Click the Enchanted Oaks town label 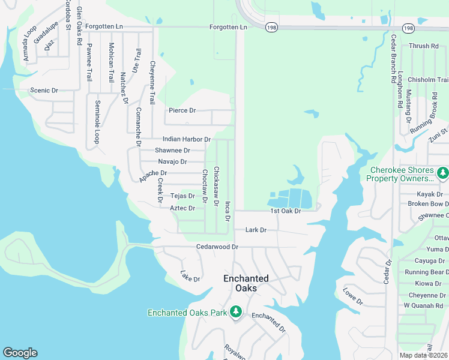coord(246,283)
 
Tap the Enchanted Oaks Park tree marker coord(237,311)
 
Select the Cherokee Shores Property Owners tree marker coord(442,173)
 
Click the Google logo coord(20,353)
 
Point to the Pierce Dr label coord(182,110)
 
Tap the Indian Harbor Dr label coord(187,139)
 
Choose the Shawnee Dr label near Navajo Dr coord(172,151)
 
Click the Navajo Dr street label coord(172,162)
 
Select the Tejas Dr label coord(182,196)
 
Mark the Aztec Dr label coord(182,208)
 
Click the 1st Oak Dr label coord(285,211)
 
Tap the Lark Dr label coord(256,230)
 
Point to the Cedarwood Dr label coord(217,247)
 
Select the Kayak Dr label coord(430,194)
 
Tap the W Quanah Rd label coord(424,305)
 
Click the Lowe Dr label coord(353,296)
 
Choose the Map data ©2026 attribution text coord(424,355)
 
